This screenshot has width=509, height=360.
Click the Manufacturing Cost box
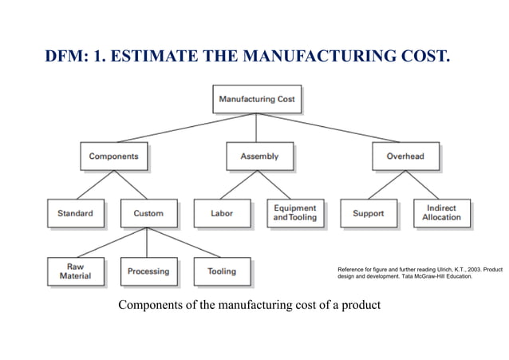click(x=257, y=100)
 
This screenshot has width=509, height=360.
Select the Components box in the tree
click(x=113, y=156)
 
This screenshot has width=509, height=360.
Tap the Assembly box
click(x=259, y=156)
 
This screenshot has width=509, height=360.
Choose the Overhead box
click(x=405, y=156)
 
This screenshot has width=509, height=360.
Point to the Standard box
click(x=75, y=213)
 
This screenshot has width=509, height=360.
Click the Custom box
click(x=148, y=213)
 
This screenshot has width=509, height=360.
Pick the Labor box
click(x=222, y=213)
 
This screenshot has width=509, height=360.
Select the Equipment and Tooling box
click(x=295, y=213)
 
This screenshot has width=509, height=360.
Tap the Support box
click(x=368, y=213)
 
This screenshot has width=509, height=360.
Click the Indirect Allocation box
click(x=441, y=213)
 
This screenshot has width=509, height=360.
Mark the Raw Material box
click(x=75, y=271)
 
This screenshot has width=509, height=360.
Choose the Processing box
click(x=148, y=271)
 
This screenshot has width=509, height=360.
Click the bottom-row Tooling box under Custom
click(x=222, y=271)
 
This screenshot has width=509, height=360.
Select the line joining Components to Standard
click(x=94, y=184)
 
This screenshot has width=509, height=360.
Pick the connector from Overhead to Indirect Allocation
click(x=424, y=184)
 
